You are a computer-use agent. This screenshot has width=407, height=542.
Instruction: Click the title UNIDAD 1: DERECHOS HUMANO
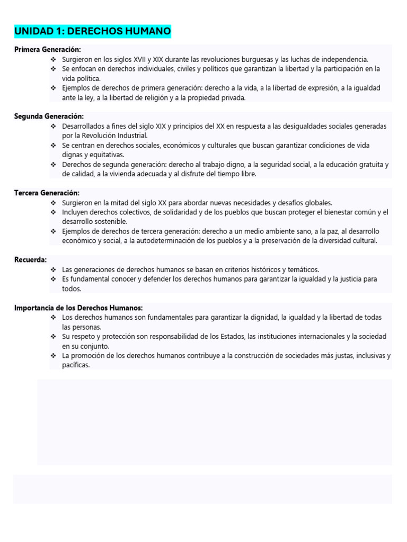(x=93, y=32)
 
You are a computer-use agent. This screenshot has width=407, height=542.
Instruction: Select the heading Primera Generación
(x=48, y=49)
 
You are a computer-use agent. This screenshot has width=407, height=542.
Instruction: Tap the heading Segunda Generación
(x=49, y=116)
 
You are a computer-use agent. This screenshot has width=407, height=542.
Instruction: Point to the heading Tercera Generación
(x=47, y=193)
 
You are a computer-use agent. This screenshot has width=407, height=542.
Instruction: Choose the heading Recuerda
(x=30, y=260)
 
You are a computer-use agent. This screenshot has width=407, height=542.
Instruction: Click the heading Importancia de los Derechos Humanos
(x=78, y=308)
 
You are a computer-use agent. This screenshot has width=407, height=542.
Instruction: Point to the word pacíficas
(x=76, y=365)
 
